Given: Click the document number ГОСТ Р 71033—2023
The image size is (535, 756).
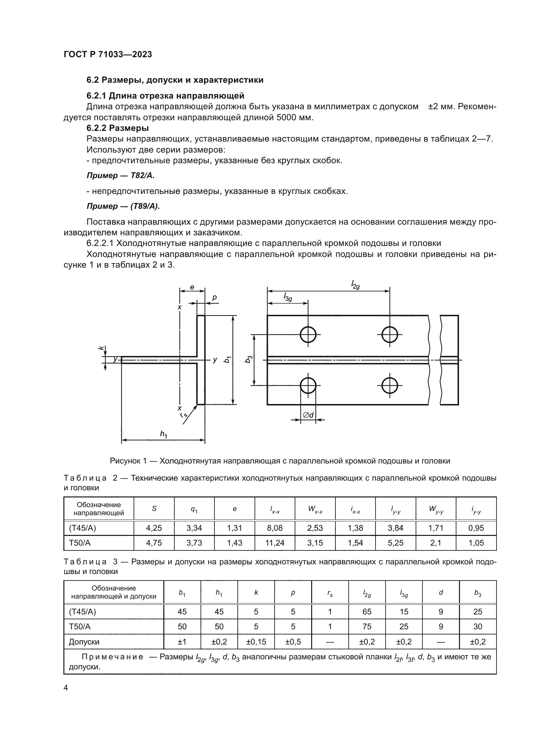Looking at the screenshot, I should coord(108,54).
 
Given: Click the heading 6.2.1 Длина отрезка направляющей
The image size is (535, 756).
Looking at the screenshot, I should coord(165,95).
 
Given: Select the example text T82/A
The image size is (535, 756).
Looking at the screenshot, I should coord(142,176).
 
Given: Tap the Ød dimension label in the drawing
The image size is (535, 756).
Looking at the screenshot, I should coord(308,415).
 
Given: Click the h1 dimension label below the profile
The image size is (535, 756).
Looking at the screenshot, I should coord(163,434).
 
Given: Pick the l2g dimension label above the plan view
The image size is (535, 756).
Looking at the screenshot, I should coord(355,284).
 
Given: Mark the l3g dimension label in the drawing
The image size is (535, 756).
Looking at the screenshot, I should coord(288,297).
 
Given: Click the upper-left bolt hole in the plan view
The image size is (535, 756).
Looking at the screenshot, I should coord(308,335).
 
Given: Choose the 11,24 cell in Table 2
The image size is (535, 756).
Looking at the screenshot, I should coord(275,543).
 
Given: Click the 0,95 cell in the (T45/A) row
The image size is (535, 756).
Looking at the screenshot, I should coord(476,528).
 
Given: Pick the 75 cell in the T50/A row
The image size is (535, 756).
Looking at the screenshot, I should coord(367,626).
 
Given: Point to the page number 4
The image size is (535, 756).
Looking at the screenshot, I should coord(66,687).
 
